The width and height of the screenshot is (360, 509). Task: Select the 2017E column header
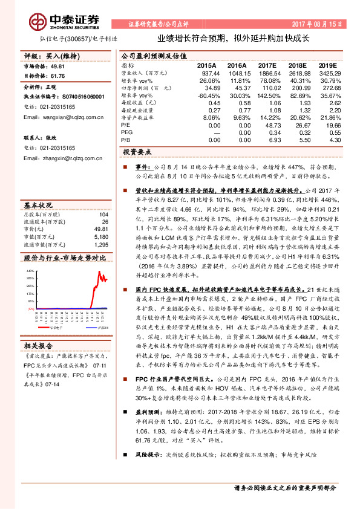266,65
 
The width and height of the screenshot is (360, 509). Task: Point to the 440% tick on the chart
30,271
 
